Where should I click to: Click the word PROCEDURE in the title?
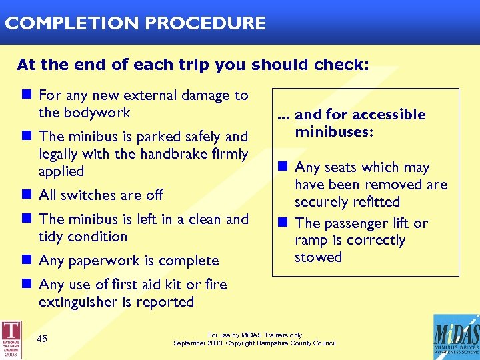click(x=206, y=23)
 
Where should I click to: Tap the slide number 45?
click(x=42, y=339)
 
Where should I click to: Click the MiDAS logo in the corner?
click(x=455, y=337)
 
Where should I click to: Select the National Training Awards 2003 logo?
click(x=11, y=340)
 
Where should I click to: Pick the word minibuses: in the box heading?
click(x=334, y=132)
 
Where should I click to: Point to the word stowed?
click(x=318, y=257)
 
